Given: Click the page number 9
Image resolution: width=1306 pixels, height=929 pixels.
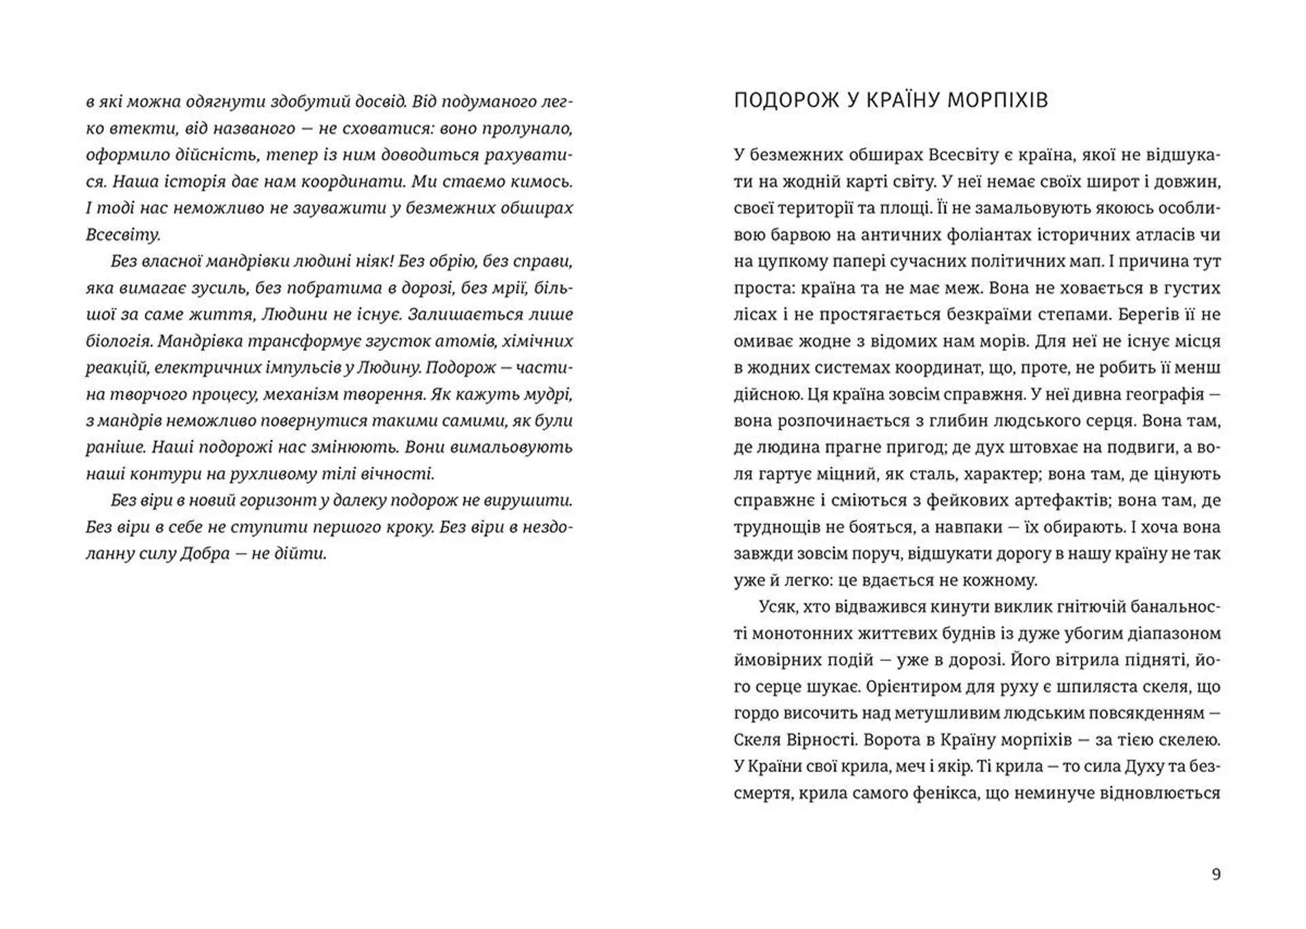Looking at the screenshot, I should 1216,875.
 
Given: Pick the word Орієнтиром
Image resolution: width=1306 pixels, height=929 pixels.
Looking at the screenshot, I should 907,687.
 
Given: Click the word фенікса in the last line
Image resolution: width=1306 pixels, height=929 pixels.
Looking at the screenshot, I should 935,793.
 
